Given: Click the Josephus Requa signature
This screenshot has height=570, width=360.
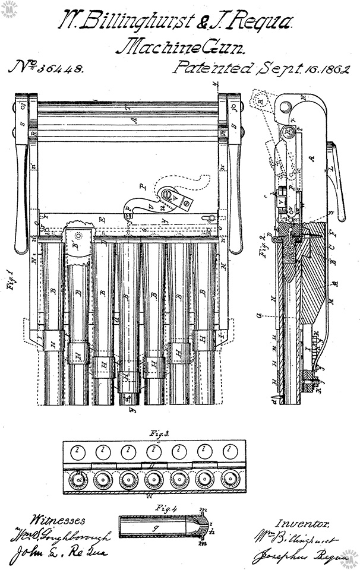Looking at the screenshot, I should click(x=291, y=557).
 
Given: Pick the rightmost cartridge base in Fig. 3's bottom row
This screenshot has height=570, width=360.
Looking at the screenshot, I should click(x=229, y=479).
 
